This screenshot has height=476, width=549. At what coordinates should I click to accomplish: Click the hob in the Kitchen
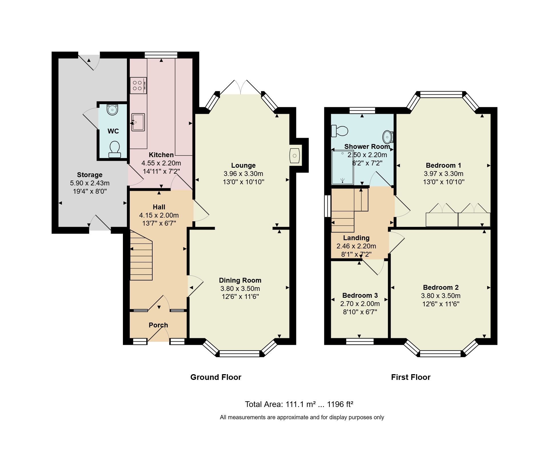(x=138, y=85)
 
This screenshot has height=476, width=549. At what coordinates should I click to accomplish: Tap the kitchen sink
(x=138, y=122)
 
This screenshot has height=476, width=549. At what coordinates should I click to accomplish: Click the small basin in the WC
(x=112, y=110)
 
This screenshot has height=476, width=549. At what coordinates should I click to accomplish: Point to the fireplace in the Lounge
(x=295, y=156)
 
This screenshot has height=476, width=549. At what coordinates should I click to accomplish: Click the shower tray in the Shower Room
(x=343, y=167)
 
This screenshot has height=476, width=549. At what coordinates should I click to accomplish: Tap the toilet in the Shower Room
(x=340, y=131)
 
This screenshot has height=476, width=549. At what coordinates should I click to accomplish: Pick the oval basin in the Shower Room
(x=388, y=137)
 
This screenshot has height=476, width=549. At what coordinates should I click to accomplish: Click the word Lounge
(x=243, y=165)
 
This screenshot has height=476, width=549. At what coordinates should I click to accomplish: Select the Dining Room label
(x=240, y=280)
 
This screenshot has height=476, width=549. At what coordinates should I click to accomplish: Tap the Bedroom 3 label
(x=360, y=295)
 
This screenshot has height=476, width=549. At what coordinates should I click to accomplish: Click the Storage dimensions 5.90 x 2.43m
(x=90, y=183)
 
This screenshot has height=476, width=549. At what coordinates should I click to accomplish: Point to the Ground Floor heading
(x=216, y=377)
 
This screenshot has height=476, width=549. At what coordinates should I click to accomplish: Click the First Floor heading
(x=411, y=377)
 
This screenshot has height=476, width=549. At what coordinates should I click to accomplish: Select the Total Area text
(x=299, y=404)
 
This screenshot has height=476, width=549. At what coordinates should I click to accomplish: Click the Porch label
(x=158, y=325)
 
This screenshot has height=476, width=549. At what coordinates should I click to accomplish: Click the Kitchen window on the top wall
(x=161, y=55)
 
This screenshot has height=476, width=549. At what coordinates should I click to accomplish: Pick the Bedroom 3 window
(x=360, y=341)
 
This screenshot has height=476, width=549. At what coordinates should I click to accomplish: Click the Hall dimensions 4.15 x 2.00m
(x=159, y=215)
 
